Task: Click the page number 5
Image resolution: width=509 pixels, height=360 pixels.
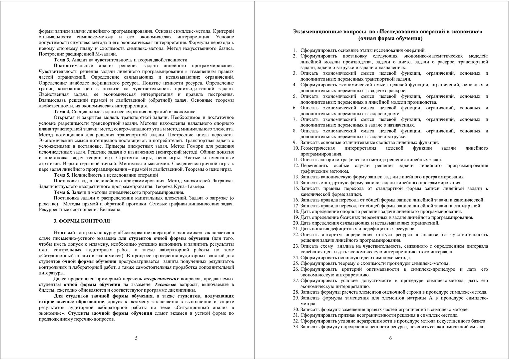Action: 136,338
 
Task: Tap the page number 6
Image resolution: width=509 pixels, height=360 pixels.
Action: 390,338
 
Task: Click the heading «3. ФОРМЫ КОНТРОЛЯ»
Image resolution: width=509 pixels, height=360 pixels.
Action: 82,221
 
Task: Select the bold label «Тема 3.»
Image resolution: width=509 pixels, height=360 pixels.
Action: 62,60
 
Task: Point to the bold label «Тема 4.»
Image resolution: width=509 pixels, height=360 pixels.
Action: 62,112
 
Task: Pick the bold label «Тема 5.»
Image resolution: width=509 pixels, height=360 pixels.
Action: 62,175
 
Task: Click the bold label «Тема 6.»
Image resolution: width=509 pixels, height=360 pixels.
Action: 62,192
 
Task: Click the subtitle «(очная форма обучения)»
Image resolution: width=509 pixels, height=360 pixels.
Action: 390,39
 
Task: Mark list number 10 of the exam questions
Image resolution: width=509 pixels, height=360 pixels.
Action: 296,148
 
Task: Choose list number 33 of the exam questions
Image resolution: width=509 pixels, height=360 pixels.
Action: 296,327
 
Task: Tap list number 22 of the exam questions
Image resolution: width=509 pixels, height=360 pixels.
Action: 296,234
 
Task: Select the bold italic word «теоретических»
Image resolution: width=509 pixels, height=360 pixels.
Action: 161,279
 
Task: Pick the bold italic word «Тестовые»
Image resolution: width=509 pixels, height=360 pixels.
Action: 166,284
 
